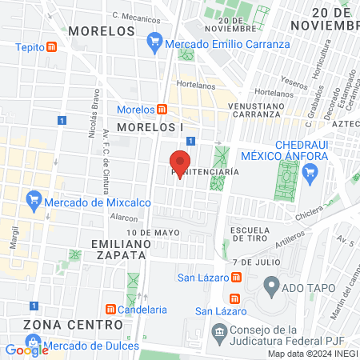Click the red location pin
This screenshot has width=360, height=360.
pyautogui.click(x=180, y=162)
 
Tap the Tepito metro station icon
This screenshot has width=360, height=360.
pyautogui.click(x=52, y=46)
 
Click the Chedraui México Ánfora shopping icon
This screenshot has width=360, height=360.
pyautogui.click(x=311, y=172)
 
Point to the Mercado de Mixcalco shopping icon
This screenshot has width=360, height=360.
pyautogui.click(x=34, y=198)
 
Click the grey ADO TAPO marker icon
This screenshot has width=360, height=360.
pyautogui.click(x=271, y=284)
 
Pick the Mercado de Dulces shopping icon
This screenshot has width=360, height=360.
pyautogui.click(x=34, y=348)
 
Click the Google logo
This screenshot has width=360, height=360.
pyautogui.click(x=26, y=350)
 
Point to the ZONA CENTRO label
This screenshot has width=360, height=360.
pyautogui.click(x=73, y=324)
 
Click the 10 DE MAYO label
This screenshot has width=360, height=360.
pyautogui.click(x=153, y=232)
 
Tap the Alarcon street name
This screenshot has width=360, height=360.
pyautogui.click(x=124, y=217)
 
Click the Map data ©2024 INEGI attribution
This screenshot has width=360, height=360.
pyautogui.click(x=312, y=354)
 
